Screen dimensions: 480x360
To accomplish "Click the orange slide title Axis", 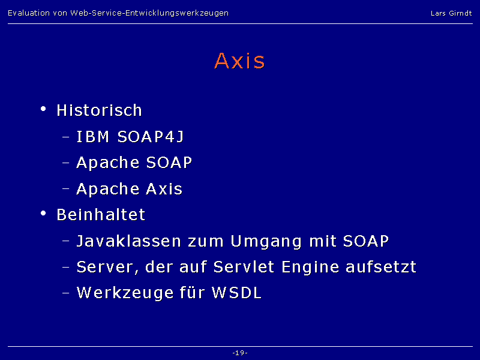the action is (239, 61).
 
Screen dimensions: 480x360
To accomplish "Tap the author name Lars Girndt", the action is (451, 13).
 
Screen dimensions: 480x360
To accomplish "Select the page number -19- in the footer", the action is (240, 353).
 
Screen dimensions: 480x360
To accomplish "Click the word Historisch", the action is (100, 110).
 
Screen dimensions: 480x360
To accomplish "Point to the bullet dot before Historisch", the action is (43, 109).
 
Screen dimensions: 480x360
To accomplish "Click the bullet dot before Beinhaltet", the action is (43, 213).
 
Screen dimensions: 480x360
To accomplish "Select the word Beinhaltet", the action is (101, 215).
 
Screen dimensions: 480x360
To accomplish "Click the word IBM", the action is (93, 137).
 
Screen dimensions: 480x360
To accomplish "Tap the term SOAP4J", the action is (151, 137).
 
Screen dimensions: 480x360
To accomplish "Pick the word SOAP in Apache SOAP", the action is (169, 163).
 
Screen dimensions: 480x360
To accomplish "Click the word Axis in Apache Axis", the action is (164, 188).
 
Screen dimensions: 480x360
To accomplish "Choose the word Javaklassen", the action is (129, 241).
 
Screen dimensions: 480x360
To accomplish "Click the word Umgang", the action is (266, 242).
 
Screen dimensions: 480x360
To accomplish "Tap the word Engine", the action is (310, 268).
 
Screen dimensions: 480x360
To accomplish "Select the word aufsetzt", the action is (381, 267).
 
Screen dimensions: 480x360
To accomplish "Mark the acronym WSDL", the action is (237, 293).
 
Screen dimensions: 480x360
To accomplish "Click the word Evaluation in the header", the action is (29, 13).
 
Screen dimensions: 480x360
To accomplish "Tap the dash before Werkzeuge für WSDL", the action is (66, 293).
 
